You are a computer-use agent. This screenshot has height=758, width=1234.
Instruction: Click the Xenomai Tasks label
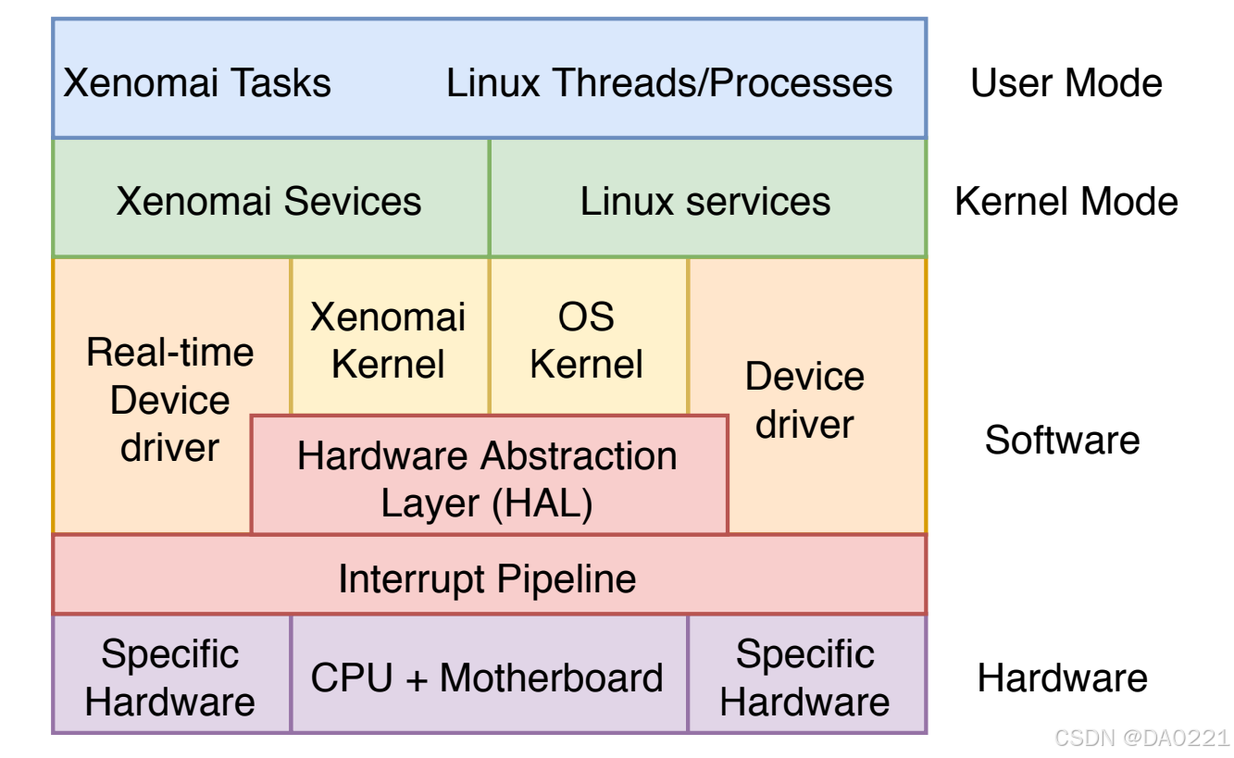(196, 83)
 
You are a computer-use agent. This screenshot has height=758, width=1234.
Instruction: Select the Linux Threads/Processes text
(668, 83)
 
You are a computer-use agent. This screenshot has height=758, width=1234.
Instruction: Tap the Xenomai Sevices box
(268, 201)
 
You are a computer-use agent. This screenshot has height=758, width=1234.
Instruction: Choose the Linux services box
(705, 201)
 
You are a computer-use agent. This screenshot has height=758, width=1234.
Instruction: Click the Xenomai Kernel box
(388, 340)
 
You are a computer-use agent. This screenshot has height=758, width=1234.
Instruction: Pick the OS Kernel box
(587, 340)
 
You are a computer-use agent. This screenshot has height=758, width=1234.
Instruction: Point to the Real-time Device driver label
(170, 400)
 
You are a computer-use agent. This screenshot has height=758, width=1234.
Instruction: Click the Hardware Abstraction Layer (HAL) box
(488, 478)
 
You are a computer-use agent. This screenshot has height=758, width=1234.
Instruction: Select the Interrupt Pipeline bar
(488, 578)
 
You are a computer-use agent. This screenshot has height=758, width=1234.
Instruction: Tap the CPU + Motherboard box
(488, 677)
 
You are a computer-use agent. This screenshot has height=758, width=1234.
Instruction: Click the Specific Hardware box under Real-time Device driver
(170, 677)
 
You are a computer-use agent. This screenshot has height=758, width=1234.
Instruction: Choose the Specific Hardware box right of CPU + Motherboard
(805, 677)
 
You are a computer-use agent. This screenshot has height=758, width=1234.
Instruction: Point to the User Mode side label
(1066, 83)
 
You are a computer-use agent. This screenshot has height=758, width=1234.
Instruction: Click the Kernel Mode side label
(1066, 201)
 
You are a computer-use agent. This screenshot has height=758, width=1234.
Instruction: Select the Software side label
(1062, 440)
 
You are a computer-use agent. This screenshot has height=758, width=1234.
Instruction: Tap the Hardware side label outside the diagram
(1062, 678)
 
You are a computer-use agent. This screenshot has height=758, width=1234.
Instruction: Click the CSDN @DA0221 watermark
(1141, 738)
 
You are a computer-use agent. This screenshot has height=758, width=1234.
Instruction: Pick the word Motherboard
(552, 677)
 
